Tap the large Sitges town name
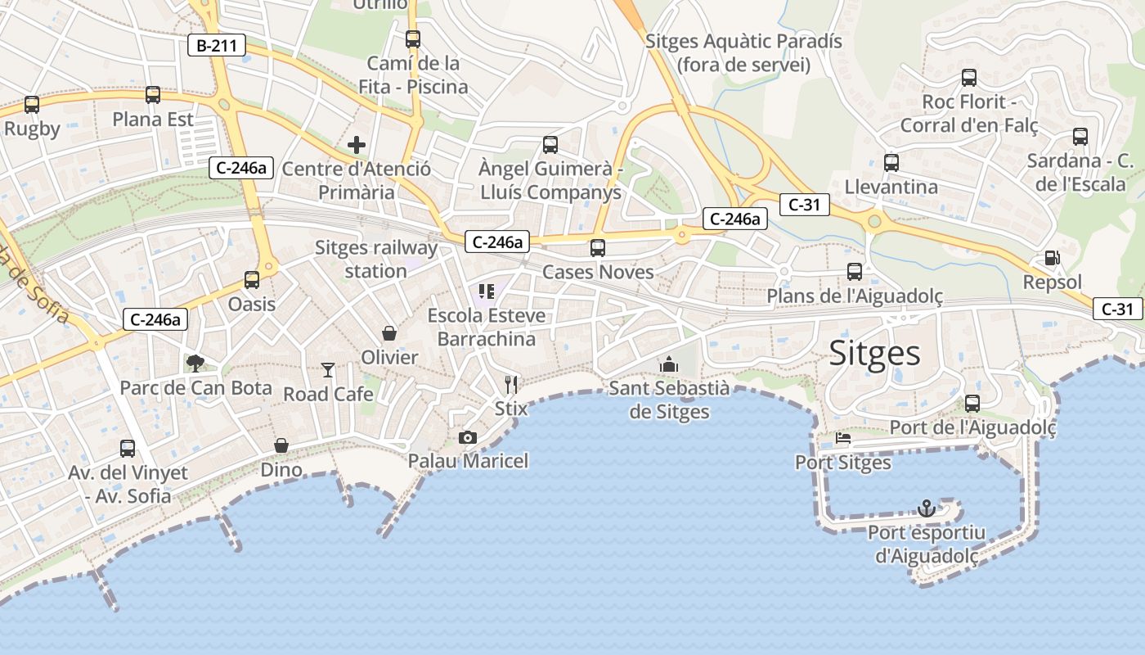[x=874, y=354]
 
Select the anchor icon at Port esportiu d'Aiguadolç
[x=926, y=508]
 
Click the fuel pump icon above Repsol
[x=1053, y=258]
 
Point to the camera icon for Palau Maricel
[x=468, y=437]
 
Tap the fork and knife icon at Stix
[x=512, y=384]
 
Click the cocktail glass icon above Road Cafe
[x=328, y=370]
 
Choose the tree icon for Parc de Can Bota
[x=195, y=363]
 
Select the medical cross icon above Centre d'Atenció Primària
[x=357, y=145]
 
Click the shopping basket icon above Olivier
[x=389, y=333]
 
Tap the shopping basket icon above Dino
[x=281, y=445]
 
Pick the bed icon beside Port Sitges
[x=843, y=438]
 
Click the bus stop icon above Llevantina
[x=891, y=162]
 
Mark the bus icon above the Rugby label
[x=32, y=105]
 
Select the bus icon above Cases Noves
[x=598, y=247]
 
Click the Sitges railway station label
[x=376, y=259]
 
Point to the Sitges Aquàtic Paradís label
[x=743, y=52]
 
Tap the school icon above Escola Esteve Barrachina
[x=487, y=291]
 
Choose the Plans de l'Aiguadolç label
[x=855, y=296]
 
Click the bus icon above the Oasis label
[x=252, y=280]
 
